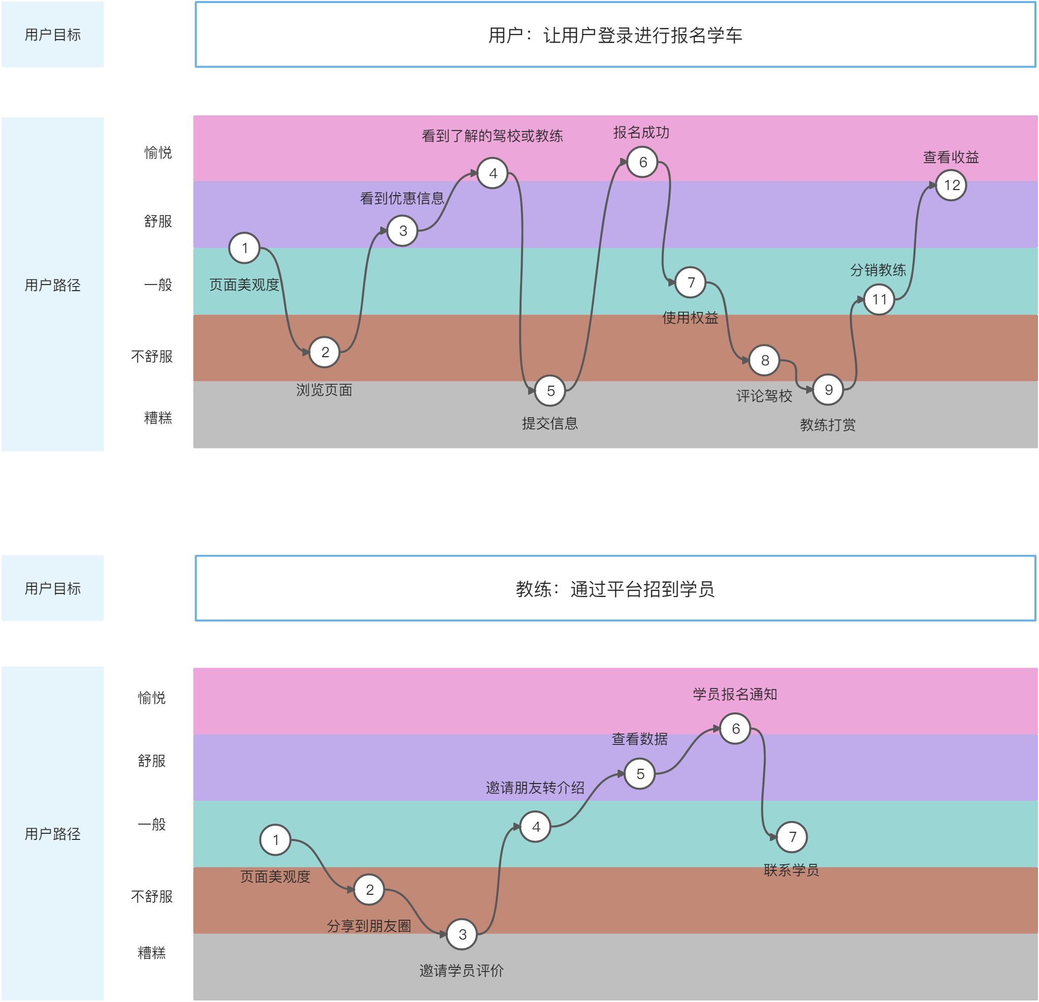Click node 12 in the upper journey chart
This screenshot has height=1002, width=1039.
click(951, 185)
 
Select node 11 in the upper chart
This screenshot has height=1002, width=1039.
click(879, 299)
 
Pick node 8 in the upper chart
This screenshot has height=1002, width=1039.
click(765, 360)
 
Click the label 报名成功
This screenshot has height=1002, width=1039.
click(641, 133)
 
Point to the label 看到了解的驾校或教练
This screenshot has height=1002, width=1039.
click(492, 136)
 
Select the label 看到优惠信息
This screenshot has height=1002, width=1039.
click(402, 198)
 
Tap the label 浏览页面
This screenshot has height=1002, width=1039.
click(324, 390)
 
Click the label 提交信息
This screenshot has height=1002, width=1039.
click(549, 423)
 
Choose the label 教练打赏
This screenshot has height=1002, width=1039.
click(828, 424)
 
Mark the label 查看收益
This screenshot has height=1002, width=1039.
click(951, 158)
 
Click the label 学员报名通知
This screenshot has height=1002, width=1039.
click(735, 694)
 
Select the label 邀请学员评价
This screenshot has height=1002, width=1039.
click(461, 970)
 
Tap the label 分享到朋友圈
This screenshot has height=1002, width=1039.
click(369, 926)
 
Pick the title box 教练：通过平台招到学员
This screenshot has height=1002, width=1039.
click(615, 588)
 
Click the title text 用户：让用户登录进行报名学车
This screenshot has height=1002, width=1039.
click(615, 36)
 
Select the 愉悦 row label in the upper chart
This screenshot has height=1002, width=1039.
click(158, 152)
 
